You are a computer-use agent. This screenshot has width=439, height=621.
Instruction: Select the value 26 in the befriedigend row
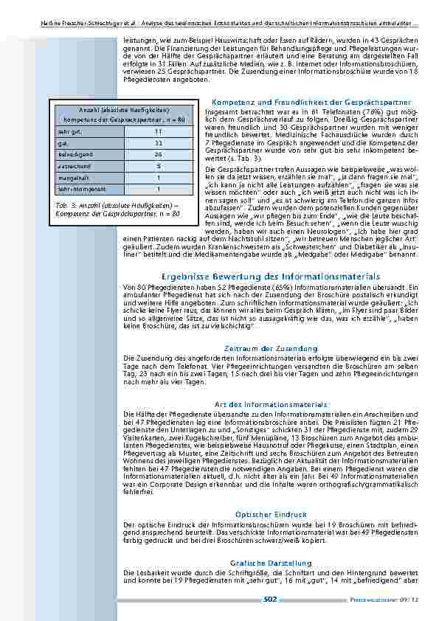[x=158, y=156]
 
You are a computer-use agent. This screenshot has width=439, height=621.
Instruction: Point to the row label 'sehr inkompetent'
[x=80, y=189]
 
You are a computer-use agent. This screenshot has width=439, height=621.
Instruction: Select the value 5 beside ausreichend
[x=158, y=167]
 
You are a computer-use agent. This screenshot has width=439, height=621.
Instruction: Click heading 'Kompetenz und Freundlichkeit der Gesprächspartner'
[x=311, y=102]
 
